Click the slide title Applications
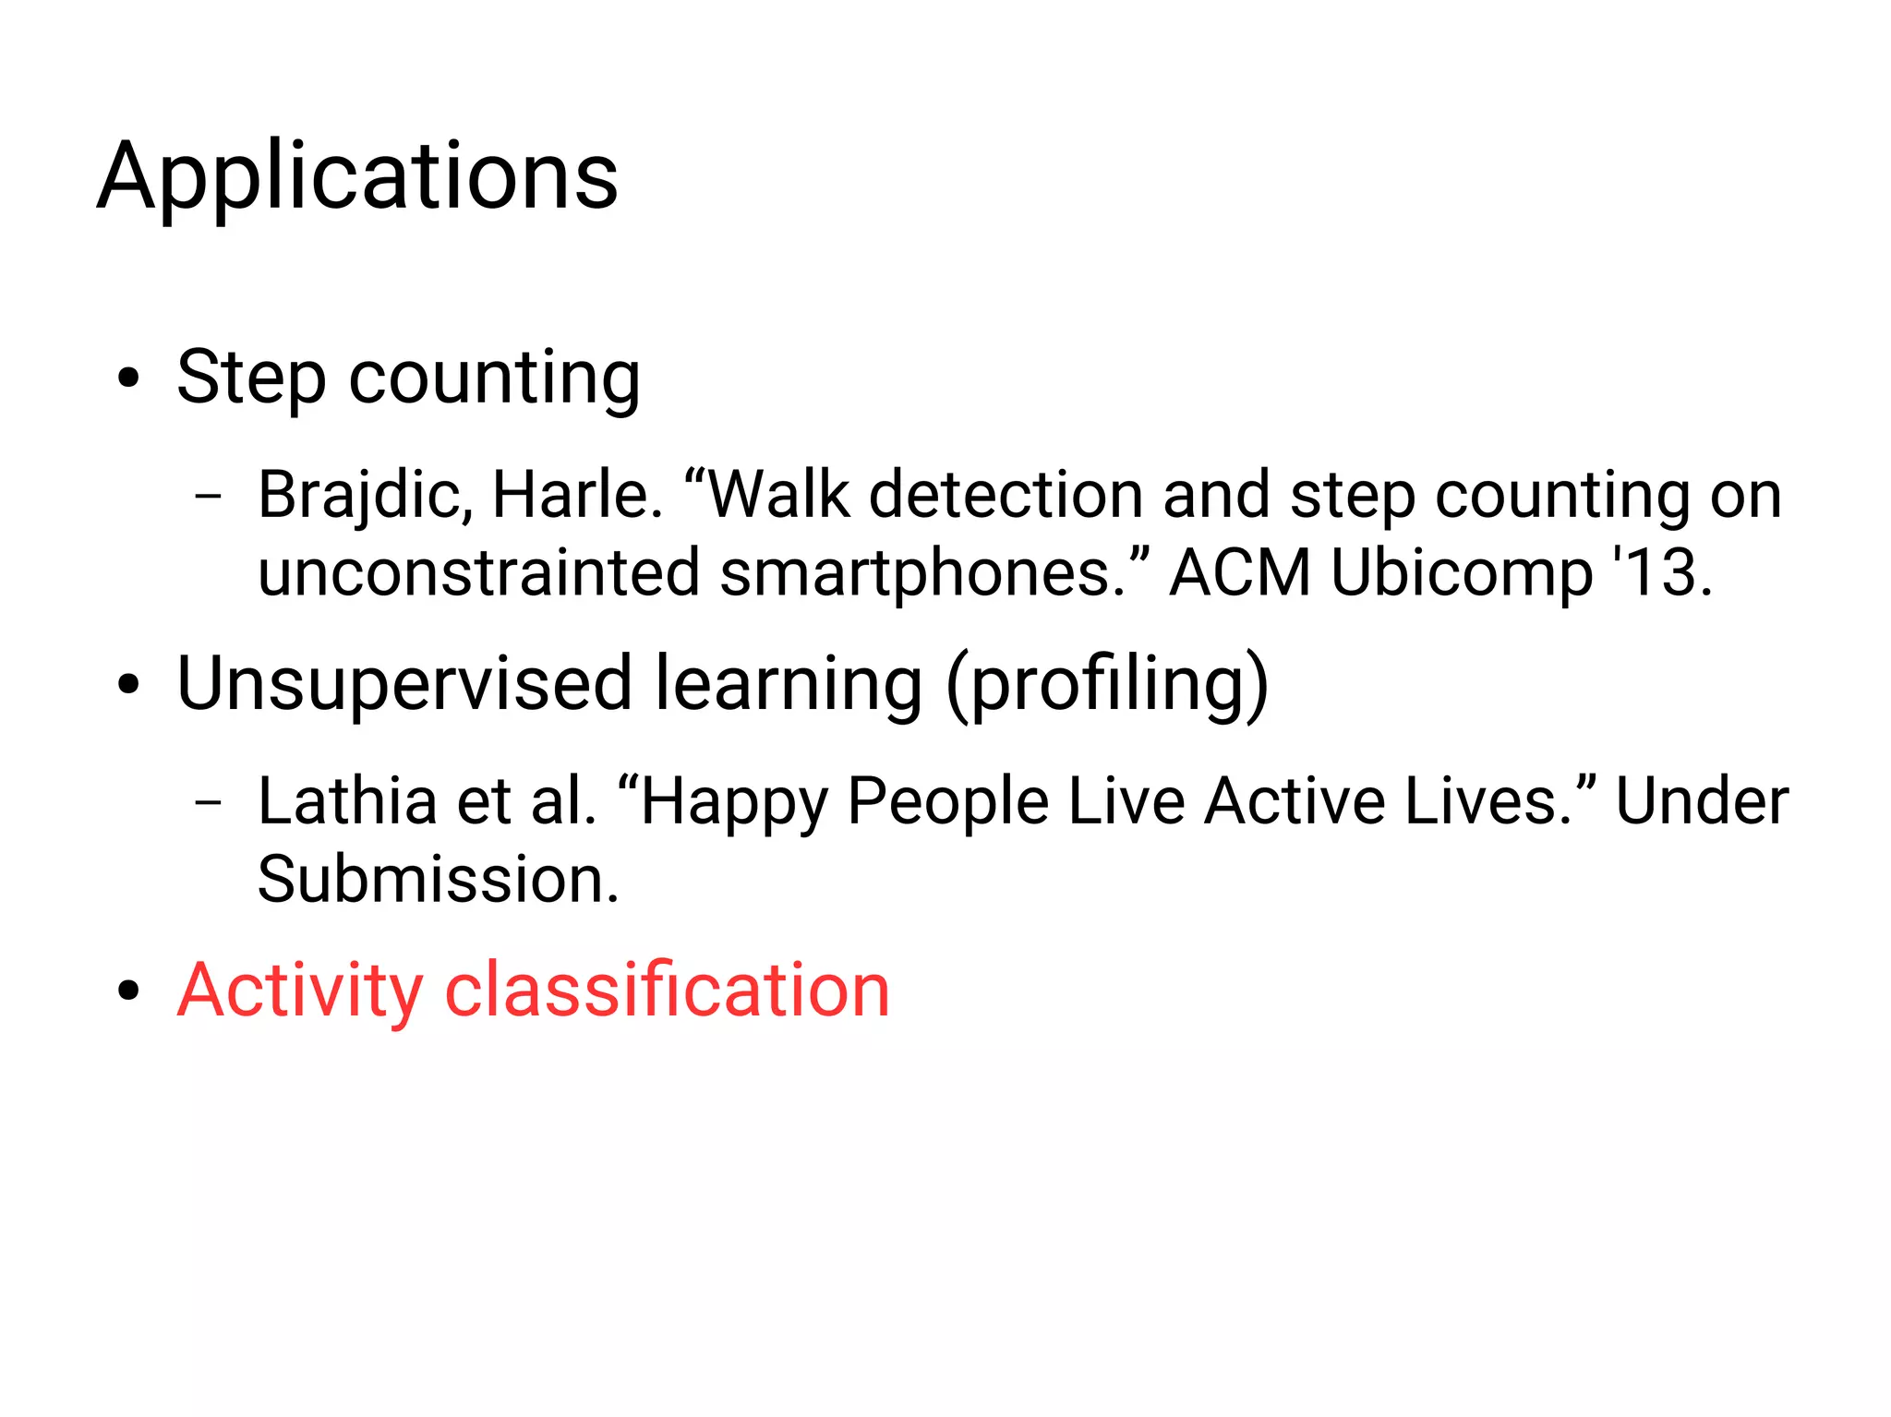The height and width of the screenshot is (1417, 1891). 357,177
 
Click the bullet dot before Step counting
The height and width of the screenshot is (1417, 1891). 128,378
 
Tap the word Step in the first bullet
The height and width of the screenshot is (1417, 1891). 250,378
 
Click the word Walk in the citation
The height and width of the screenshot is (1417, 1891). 777,496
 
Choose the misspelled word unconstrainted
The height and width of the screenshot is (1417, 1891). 477,573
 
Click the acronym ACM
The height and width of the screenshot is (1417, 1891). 1239,573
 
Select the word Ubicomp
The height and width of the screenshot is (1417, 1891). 1461,573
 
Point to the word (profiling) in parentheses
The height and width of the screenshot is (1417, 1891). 1107,684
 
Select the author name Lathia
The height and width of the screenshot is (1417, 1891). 347,801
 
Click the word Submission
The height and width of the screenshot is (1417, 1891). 437,880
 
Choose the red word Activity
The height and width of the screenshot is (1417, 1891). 300,991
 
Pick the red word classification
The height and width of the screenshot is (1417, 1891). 667,991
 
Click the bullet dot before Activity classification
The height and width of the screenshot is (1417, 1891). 128,991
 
